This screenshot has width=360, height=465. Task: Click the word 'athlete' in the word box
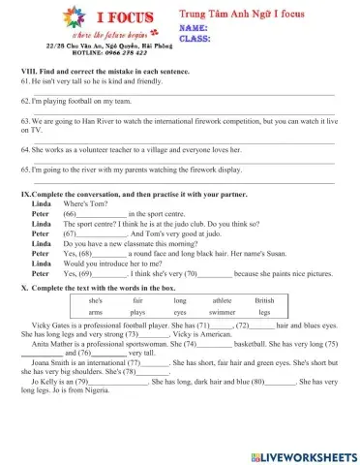(222, 301)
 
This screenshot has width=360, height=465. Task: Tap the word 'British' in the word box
(264, 301)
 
